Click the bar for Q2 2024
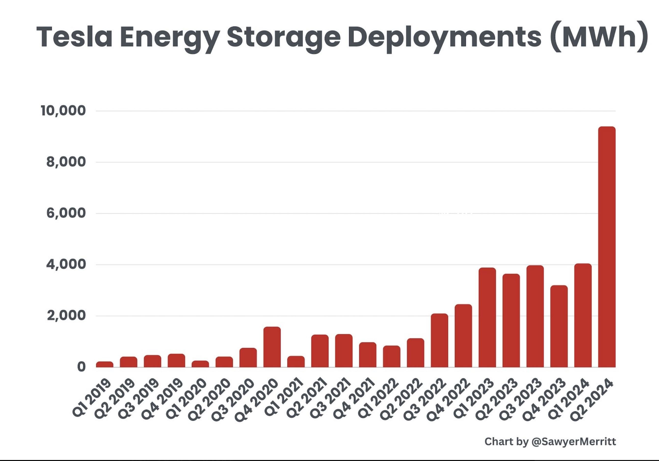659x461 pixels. (x=607, y=247)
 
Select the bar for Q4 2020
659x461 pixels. (x=272, y=347)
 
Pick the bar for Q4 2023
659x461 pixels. (x=559, y=327)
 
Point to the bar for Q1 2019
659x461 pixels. (x=105, y=364)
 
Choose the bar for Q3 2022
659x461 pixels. (x=439, y=341)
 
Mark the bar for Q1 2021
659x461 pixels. (x=296, y=362)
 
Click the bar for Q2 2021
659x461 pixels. (x=320, y=351)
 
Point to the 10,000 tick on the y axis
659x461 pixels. (x=63, y=111)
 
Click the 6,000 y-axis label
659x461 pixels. (x=66, y=213)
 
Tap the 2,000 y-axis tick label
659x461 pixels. (x=66, y=316)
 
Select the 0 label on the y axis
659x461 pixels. (x=81, y=367)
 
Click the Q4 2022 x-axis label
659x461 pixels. (x=449, y=400)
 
